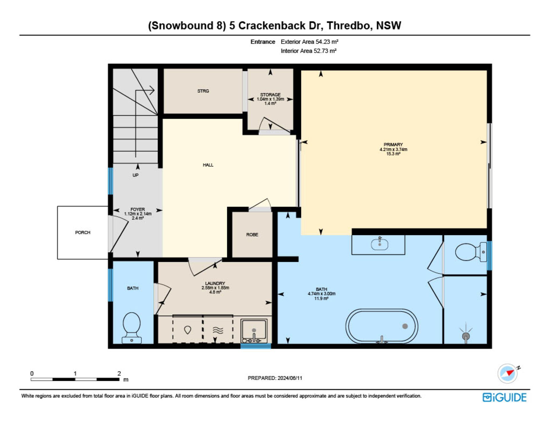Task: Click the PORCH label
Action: point(82,232)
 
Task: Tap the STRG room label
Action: point(203,91)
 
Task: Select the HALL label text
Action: point(208,165)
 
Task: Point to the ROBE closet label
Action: point(252,234)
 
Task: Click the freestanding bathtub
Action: point(382,326)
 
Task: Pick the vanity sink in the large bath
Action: point(380,244)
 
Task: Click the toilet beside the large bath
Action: point(471,252)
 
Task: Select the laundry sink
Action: point(254,331)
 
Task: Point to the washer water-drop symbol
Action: point(187,330)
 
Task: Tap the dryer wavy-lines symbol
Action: point(218,331)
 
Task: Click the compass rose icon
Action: point(508,373)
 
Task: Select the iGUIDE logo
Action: point(504,397)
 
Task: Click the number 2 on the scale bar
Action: point(119,373)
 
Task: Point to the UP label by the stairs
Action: point(135,175)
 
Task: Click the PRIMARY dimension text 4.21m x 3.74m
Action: point(393,149)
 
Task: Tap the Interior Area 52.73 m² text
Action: point(309,51)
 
